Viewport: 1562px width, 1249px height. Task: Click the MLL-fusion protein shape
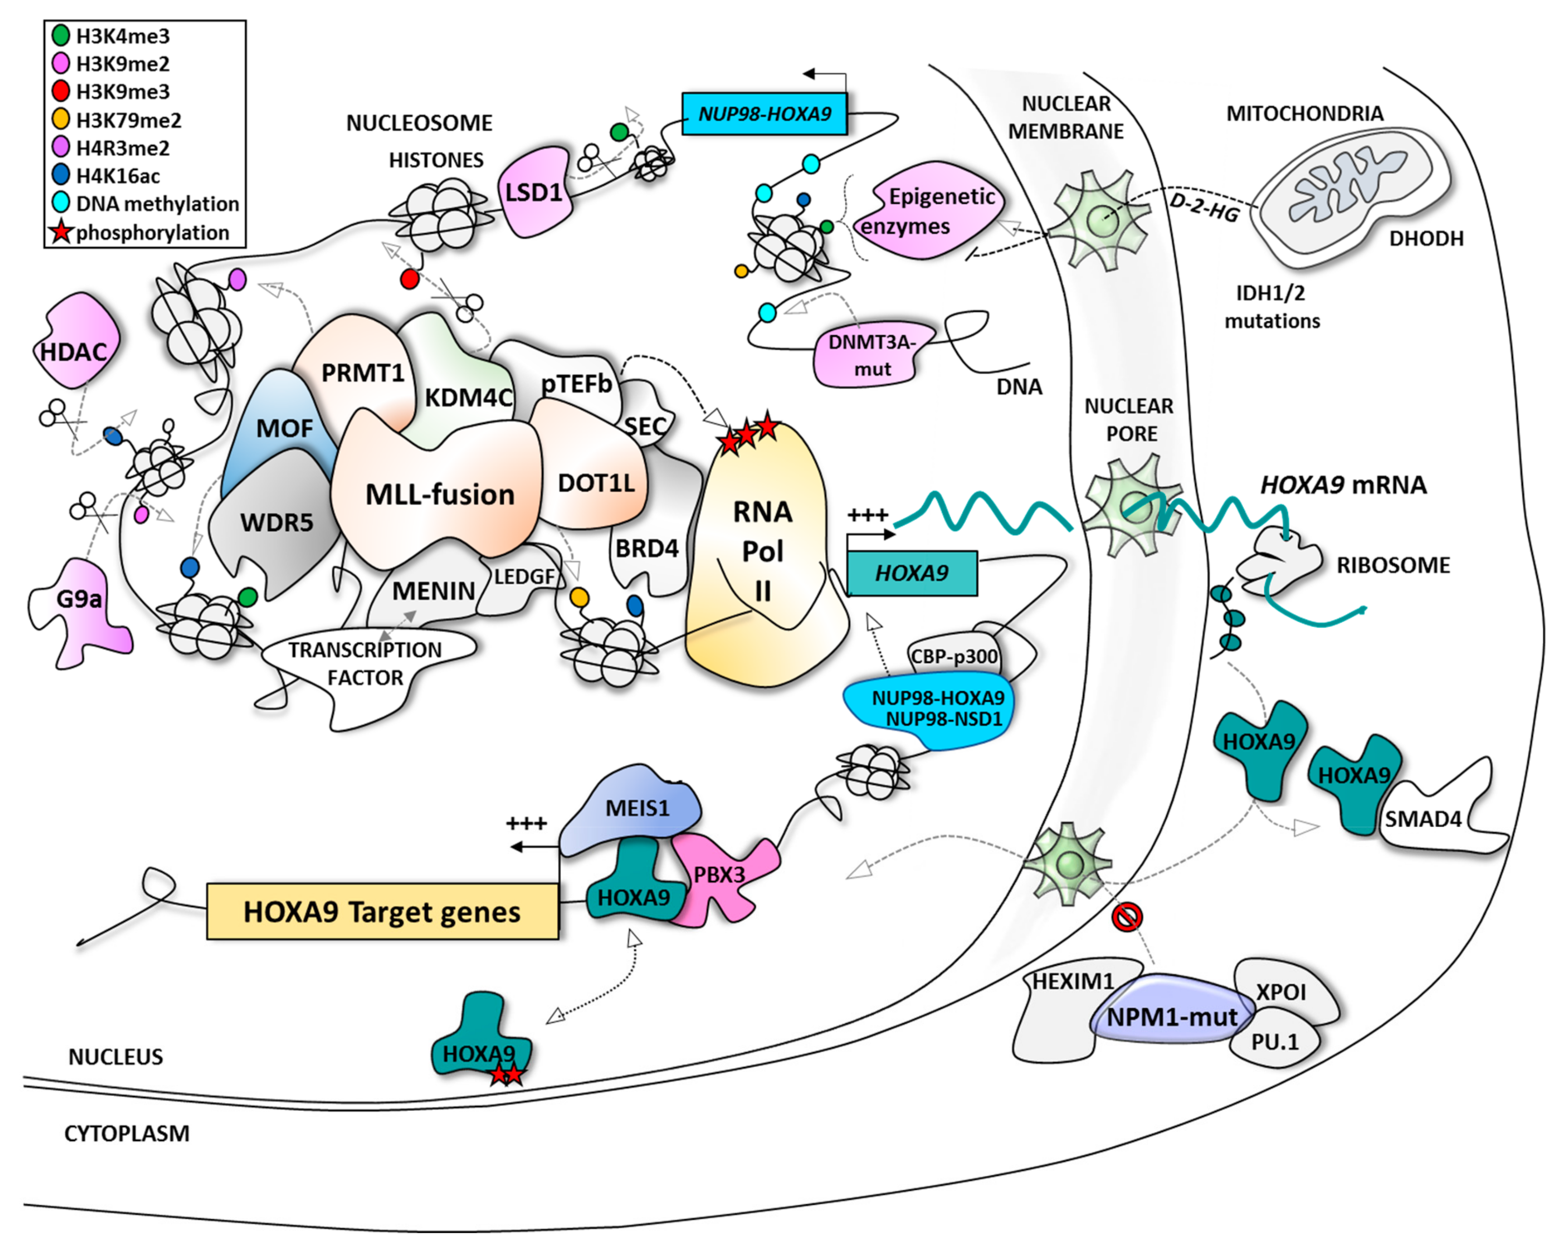tap(438, 493)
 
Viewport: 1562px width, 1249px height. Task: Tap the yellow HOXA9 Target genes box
tap(382, 911)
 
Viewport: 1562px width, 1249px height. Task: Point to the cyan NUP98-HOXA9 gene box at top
tap(764, 114)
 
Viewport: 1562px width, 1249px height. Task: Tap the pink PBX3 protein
tap(721, 877)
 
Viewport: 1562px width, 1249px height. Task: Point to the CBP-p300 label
tap(953, 655)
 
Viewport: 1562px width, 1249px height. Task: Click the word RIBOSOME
tap(1392, 566)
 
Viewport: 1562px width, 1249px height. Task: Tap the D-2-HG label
tap(1203, 208)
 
